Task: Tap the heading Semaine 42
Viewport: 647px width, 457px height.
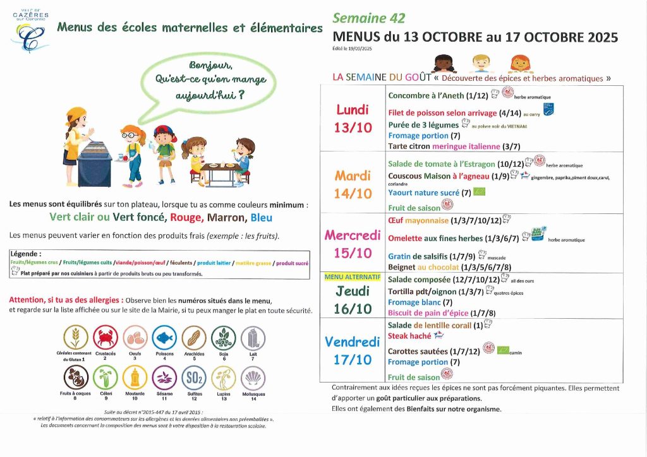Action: tap(369, 18)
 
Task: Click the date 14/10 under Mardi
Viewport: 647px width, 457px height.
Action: tap(353, 194)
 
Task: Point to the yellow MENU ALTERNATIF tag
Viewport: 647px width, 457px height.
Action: tap(353, 277)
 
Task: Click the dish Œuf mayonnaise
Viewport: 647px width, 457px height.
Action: tap(418, 220)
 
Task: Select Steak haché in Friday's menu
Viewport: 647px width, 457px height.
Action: tap(409, 336)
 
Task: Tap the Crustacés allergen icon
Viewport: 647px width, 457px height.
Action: tap(106, 338)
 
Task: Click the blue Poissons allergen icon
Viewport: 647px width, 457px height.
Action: tap(164, 338)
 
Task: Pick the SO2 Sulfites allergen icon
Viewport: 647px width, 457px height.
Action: tap(193, 377)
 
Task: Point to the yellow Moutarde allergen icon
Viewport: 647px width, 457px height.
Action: tap(135, 377)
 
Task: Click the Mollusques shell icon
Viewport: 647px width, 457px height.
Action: tap(253, 377)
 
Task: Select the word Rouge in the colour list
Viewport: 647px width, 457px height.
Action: tap(185, 218)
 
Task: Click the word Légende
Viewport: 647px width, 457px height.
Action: tap(25, 254)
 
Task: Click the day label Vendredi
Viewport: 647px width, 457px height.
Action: tap(353, 342)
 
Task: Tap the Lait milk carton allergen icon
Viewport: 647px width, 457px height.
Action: tap(253, 338)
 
